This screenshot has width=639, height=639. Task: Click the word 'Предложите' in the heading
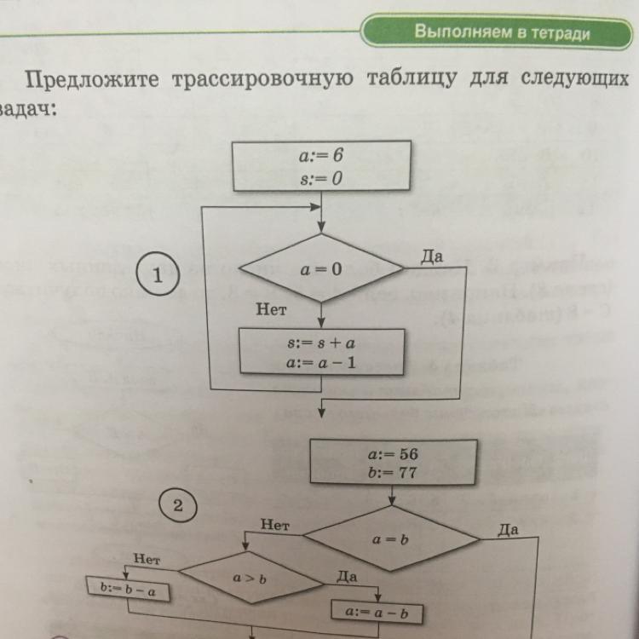[x=93, y=80]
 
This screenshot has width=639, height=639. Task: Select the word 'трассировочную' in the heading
[x=262, y=80]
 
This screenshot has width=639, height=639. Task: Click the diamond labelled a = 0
[x=320, y=268]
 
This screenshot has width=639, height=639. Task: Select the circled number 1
[x=156, y=277]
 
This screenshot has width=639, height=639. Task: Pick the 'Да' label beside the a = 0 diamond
[x=433, y=255]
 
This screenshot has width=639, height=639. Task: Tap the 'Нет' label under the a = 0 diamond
[x=271, y=312]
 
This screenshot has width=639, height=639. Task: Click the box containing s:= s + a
[x=320, y=352]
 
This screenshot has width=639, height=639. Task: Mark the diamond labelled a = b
[x=392, y=539]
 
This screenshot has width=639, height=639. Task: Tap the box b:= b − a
[x=129, y=588]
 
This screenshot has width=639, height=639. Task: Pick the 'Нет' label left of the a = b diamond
[x=275, y=526]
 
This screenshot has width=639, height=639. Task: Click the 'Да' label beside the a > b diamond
[x=346, y=577]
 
